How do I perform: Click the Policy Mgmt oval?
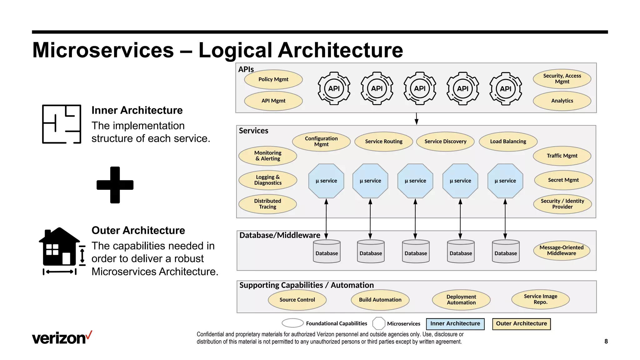[x=273, y=79]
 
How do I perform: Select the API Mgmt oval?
[x=273, y=101]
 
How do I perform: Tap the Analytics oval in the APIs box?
[x=562, y=101]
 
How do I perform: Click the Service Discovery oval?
[x=445, y=142]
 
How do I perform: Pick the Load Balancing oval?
[x=508, y=142]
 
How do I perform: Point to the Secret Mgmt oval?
[x=563, y=180]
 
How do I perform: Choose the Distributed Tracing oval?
[x=267, y=204]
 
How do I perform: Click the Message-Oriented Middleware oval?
[x=561, y=250]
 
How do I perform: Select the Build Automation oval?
[x=380, y=300]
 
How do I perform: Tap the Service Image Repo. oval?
[x=540, y=299]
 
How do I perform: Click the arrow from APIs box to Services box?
[x=416, y=119]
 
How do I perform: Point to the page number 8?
[x=606, y=341]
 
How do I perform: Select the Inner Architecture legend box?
[x=455, y=324]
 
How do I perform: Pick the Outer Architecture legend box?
[x=521, y=324]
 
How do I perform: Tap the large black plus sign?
[x=115, y=185]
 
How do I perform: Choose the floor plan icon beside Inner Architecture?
[x=62, y=124]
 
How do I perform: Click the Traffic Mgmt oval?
[x=562, y=156]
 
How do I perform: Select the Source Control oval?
[x=297, y=300]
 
